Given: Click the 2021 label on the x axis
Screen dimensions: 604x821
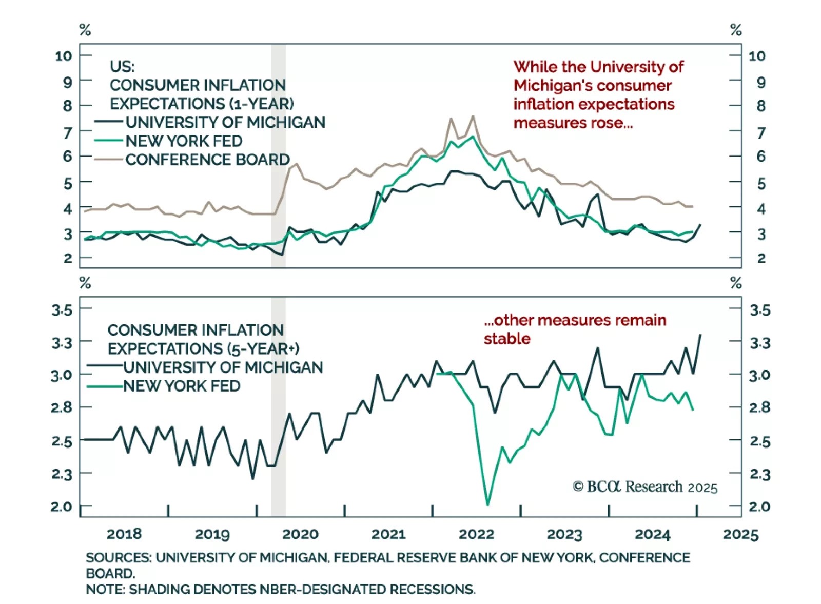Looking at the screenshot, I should coord(388,534).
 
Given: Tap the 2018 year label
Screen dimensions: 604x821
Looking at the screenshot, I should coord(124,534).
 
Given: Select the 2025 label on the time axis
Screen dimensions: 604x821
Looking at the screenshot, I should coord(740,534).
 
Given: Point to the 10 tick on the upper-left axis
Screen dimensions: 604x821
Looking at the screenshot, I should coord(64,55).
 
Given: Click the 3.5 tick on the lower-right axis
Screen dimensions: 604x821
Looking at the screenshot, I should coord(759,310).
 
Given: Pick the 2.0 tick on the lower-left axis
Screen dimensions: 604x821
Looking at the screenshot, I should coord(62,506).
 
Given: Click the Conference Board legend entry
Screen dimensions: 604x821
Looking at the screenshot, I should coord(207,160).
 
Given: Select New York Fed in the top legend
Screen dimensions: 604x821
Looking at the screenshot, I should coord(184,141).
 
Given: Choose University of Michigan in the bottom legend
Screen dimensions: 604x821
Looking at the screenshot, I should coord(223,367).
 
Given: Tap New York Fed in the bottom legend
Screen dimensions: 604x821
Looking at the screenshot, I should coord(182,385).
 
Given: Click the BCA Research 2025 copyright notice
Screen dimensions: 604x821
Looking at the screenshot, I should coord(645,486).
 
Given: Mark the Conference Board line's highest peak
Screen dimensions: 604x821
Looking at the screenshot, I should coord(473,116).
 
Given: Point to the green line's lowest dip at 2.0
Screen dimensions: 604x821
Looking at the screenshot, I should coord(487,504).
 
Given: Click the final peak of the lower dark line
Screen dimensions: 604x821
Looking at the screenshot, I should coord(700,335).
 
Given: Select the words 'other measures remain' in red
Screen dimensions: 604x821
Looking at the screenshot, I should coord(575,320).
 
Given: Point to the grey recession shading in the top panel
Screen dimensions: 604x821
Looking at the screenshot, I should coord(278,154).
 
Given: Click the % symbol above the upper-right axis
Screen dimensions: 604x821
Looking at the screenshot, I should coord(736,30).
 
